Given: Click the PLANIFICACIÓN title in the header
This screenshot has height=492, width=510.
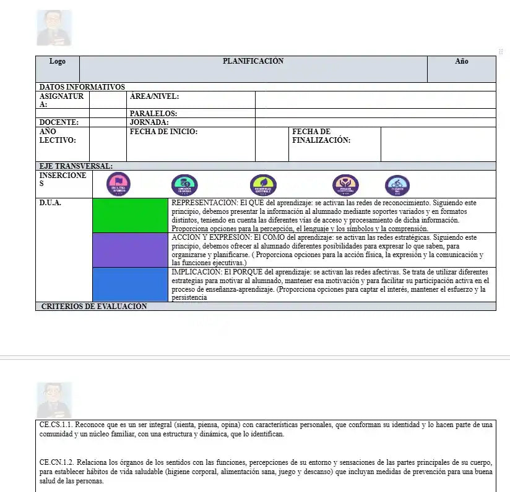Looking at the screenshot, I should pos(253,61).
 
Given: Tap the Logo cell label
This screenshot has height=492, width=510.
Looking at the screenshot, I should pos(58,61).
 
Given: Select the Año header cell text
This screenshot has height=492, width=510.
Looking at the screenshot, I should pos(462,61).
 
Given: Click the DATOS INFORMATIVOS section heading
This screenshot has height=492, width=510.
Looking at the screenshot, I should pos(82,87).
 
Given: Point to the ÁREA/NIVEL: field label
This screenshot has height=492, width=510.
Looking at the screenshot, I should pos(154,96).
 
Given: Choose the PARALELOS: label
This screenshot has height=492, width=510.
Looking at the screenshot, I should pos(153,114).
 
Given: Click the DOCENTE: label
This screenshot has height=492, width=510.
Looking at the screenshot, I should pos(59,122).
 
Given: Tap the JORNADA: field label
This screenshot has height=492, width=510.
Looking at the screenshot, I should pos(149,122).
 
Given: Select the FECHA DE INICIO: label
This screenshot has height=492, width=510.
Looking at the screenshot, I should pos(163,132).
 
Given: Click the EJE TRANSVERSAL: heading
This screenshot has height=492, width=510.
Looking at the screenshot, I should pos(76,166).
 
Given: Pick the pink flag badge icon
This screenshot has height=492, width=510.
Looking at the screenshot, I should pos(118,184).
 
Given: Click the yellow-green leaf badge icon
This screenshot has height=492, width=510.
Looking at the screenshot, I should pos(263,184).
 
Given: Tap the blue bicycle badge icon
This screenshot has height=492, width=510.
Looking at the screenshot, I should pos(397,184).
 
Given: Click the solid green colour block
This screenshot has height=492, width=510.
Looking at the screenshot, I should pos(130,216).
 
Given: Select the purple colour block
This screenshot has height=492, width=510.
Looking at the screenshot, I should pos(130,250).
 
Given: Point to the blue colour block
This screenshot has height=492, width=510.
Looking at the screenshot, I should pos(130,285).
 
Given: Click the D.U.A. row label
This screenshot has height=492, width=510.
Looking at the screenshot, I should pos(51,203).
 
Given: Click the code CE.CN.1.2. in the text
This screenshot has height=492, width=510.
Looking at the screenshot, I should pos(61,462).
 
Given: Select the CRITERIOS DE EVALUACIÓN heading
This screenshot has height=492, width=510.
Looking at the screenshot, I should pos(94,307).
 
